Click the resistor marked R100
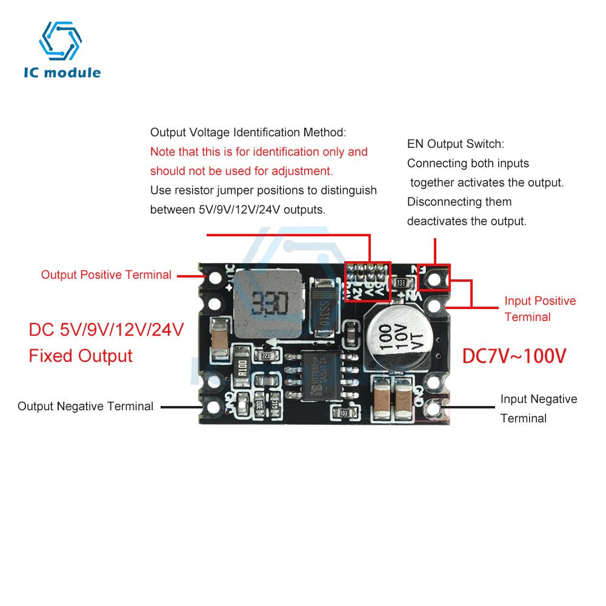[x=241, y=368]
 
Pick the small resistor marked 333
[x=400, y=282]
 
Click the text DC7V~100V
[x=514, y=356]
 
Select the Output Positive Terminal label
[x=106, y=275]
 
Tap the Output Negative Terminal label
[x=85, y=406]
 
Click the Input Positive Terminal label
[x=540, y=308]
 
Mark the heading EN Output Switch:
[x=455, y=144]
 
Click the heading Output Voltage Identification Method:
[x=248, y=132]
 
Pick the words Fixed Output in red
[x=81, y=355]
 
